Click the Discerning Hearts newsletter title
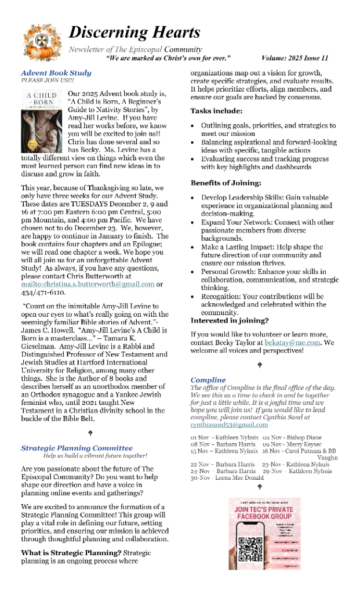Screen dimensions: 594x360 coord(134,32)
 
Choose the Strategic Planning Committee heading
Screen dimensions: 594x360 coord(77,448)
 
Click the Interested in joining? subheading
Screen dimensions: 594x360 coord(230,320)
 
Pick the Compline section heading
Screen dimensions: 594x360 coord(208,380)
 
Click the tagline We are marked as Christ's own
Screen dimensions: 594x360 coord(169,59)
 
